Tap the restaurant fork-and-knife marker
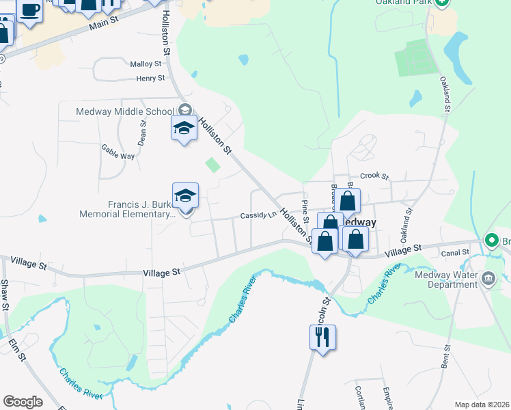322,337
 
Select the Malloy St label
145,64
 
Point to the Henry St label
150,78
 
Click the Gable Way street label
118,151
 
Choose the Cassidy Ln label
258,215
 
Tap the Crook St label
374,176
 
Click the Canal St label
456,252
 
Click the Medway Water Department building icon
488,277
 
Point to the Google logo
23,402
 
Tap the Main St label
104,27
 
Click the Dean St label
143,133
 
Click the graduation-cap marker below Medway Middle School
184,128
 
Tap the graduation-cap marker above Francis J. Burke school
185,196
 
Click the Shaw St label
4,293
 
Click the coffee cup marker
29,11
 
